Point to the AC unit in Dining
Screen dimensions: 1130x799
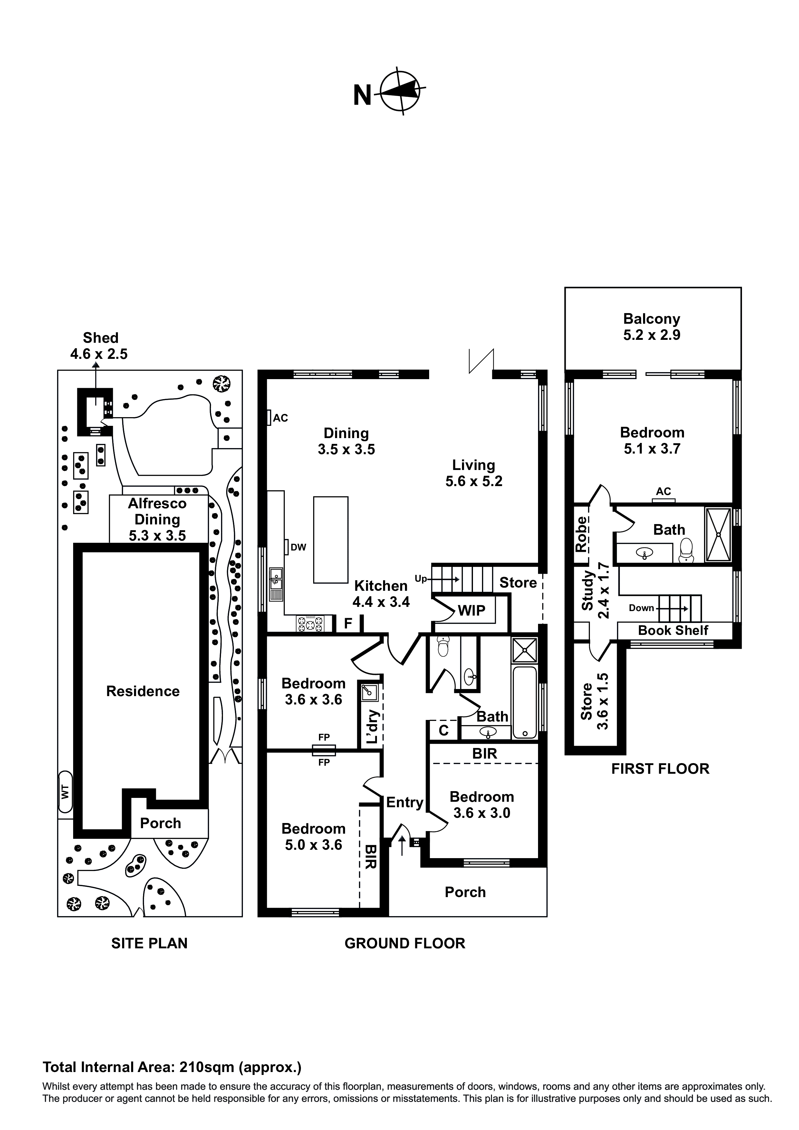point(269,418)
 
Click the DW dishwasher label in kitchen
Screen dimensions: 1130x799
point(298,547)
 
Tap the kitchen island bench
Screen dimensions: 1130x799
point(331,540)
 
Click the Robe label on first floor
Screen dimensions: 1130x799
point(582,534)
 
